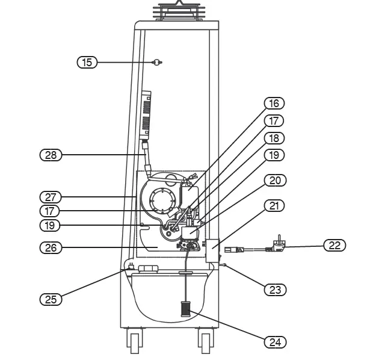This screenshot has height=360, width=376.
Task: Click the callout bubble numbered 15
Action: point(87,62)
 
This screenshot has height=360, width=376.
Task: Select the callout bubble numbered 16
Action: point(274,104)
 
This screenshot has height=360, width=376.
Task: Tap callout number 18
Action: point(274,138)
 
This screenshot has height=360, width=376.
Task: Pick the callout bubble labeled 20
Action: point(274,180)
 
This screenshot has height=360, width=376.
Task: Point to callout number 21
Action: point(274,206)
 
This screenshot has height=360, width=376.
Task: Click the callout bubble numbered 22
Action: point(334,245)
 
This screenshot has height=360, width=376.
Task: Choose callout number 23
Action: point(274,290)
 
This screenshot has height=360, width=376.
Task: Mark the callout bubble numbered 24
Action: point(274,342)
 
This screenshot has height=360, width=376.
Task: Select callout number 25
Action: point(51,299)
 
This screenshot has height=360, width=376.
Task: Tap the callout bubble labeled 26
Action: point(51,247)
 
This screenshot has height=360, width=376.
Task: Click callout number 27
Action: point(51,197)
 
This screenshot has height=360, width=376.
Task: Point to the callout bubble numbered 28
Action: point(51,155)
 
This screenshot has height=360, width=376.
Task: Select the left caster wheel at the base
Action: point(133,341)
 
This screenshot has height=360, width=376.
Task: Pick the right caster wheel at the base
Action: point(205,341)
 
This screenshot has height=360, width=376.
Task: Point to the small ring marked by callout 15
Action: point(157,61)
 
